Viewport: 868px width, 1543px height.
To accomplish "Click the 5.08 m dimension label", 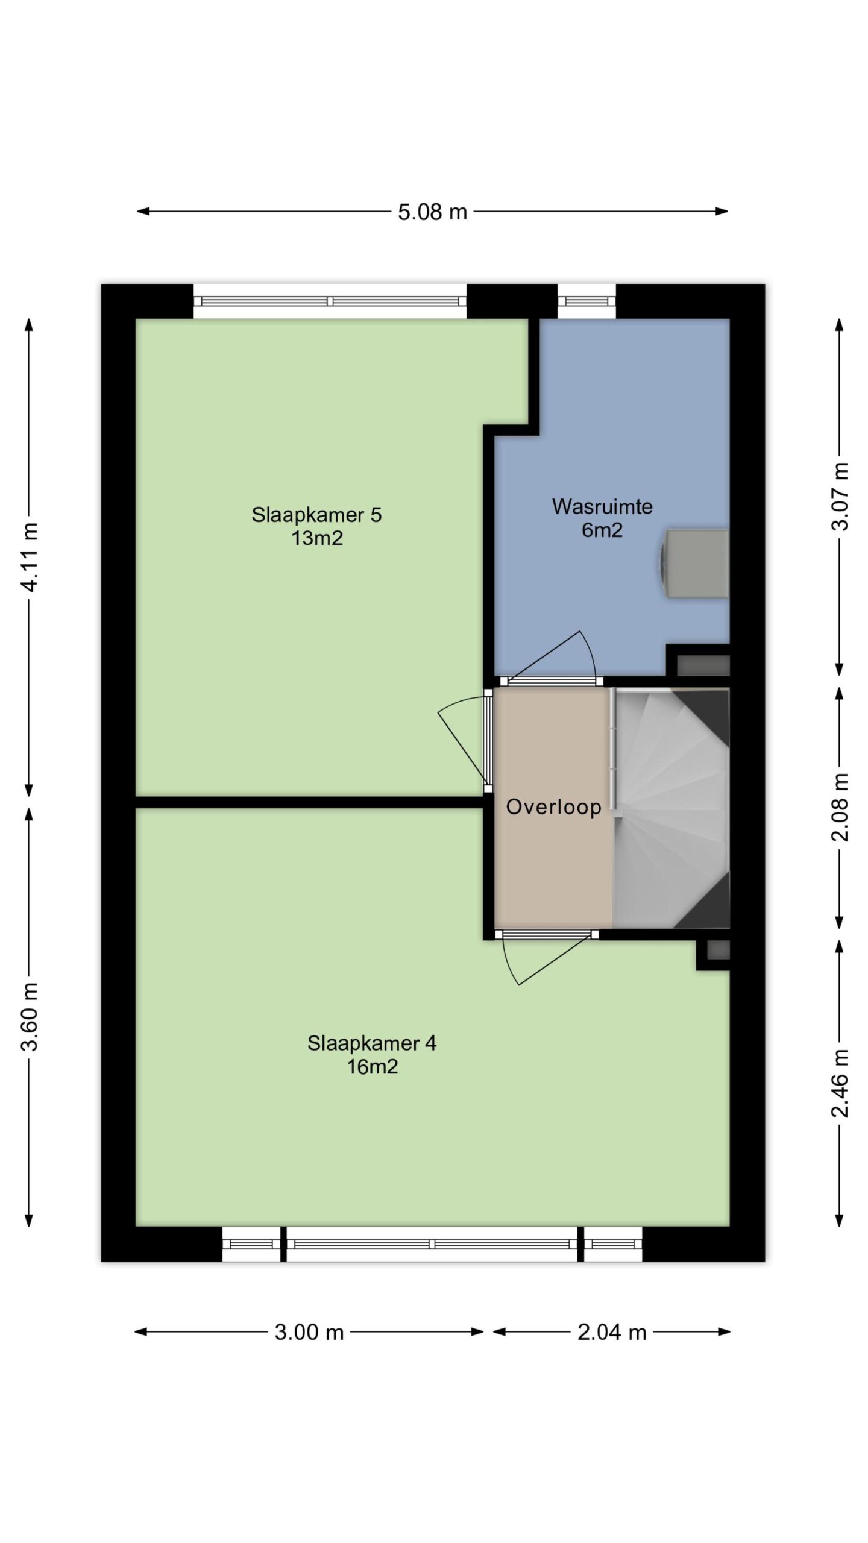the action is [432, 212].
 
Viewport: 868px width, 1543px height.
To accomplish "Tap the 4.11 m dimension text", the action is [30, 557].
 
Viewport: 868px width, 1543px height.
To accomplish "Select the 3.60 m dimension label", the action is [30, 1016].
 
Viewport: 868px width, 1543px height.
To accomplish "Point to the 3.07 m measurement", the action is [840, 496].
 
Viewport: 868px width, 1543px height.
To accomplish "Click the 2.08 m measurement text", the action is [840, 807].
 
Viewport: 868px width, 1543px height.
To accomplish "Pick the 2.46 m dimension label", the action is [840, 1083].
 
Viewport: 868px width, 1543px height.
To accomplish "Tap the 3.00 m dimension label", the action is [309, 1332].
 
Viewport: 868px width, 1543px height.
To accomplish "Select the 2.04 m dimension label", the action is [612, 1332].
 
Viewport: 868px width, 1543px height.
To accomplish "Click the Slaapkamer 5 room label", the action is [316, 515].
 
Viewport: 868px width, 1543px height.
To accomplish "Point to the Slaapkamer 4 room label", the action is [372, 1043].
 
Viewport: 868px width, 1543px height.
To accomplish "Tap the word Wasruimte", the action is [602, 506].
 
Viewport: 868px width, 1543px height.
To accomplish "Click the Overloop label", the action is [553, 806].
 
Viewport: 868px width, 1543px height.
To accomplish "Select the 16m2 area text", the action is [372, 1067].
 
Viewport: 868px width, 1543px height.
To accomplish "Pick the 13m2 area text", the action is [317, 538].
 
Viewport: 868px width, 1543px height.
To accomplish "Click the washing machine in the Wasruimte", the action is [695, 563].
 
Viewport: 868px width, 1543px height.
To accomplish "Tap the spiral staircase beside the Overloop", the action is [671, 808].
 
